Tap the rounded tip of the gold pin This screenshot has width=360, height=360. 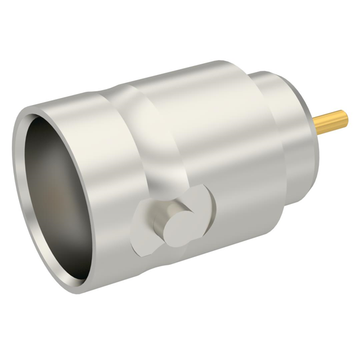pyautogui.click(x=346, y=117)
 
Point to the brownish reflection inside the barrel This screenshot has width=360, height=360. pyautogui.click(x=53, y=197)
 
